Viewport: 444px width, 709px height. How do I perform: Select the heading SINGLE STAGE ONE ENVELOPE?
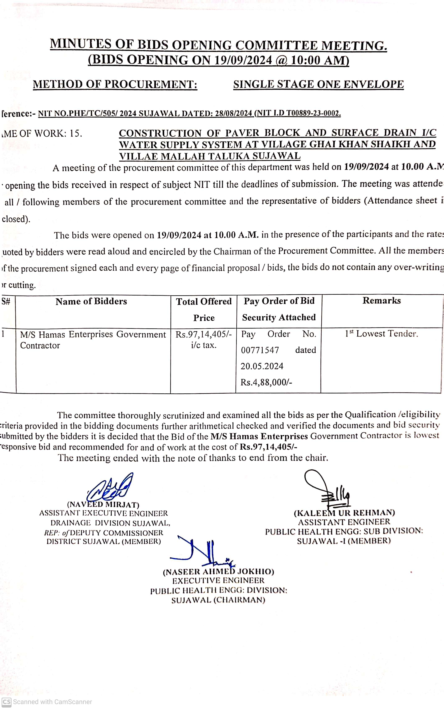pos(318,84)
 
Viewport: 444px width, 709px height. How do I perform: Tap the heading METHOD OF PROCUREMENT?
pos(115,84)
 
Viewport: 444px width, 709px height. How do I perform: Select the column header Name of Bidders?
pos(91,302)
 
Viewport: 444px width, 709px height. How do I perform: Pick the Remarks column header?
pos(381,301)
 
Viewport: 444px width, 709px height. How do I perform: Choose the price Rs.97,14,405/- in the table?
pos(204,334)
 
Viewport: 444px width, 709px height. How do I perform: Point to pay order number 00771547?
pos(260,350)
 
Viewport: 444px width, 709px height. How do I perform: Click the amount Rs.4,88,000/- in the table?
pos(266,382)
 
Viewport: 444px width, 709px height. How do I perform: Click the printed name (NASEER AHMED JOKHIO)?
pos(219,572)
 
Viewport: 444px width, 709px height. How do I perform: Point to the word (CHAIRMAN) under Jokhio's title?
pos(239,600)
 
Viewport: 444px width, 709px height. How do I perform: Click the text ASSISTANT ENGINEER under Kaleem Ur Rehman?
pos(344,522)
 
